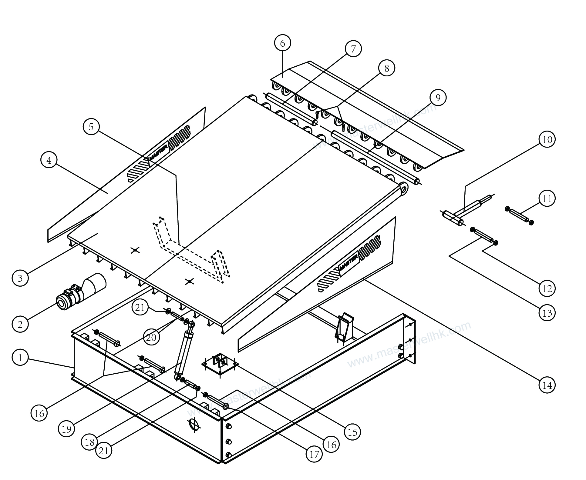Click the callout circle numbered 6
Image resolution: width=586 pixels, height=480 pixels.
click(282, 43)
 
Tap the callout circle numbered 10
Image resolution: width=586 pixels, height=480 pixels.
click(547, 140)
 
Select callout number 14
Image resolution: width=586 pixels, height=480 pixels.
click(547, 385)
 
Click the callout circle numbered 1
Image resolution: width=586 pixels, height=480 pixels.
click(20, 358)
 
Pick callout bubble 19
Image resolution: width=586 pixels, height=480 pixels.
click(66, 429)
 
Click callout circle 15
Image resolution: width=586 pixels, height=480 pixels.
click(352, 432)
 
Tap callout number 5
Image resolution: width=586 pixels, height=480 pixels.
click(91, 127)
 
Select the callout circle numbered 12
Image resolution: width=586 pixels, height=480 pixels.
click(547, 288)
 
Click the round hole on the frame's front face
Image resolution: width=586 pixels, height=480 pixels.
click(194, 425)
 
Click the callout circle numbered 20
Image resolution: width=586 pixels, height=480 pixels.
click(151, 337)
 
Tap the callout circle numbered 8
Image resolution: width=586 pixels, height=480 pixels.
click(386, 68)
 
